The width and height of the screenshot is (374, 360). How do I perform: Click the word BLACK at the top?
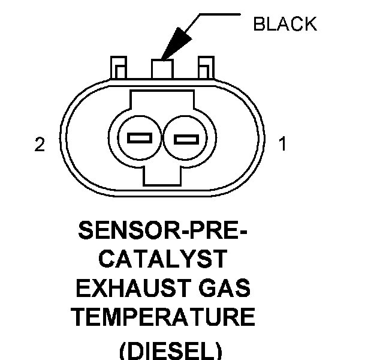tap(285, 25)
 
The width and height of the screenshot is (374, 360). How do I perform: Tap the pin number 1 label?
tap(282, 145)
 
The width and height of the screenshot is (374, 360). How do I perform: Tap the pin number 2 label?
tap(40, 145)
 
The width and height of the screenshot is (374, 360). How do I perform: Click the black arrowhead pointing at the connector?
tap(177, 44)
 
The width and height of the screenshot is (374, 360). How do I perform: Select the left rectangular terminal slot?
tap(140, 138)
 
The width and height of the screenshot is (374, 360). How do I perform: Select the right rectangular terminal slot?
tap(185, 140)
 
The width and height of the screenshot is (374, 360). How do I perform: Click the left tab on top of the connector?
tap(117, 67)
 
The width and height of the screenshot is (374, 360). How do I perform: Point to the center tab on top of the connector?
tap(162, 67)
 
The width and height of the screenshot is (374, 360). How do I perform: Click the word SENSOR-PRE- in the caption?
tap(163, 230)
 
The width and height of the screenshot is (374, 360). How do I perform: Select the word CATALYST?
tap(163, 260)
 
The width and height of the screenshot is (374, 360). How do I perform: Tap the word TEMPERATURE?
tap(163, 317)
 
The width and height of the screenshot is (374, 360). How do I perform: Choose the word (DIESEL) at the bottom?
tap(163, 349)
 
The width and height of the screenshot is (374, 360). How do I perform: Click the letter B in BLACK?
tap(258, 25)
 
